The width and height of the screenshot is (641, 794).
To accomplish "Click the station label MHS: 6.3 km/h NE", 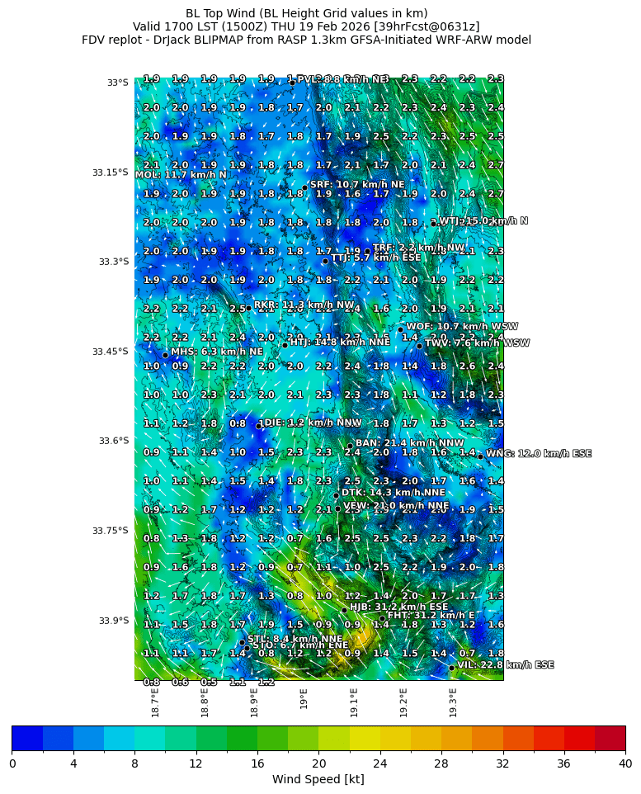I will pos(217,352).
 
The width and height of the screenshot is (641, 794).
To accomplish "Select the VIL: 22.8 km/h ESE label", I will pos(506,664).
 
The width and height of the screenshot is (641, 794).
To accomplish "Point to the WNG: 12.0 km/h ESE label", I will pos(539,453).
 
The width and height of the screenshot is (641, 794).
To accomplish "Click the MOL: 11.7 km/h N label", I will pos(181,175).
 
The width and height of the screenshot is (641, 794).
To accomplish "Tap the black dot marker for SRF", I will pos(304,187).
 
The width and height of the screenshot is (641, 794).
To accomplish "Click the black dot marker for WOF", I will pos(401,329).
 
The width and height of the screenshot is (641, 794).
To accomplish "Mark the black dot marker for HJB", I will pos(344,610).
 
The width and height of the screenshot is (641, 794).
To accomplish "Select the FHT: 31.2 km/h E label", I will pos(431,615).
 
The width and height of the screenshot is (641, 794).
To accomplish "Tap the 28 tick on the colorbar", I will pos(441,763).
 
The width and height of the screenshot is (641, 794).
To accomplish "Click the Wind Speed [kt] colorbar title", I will pos(318,779).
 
